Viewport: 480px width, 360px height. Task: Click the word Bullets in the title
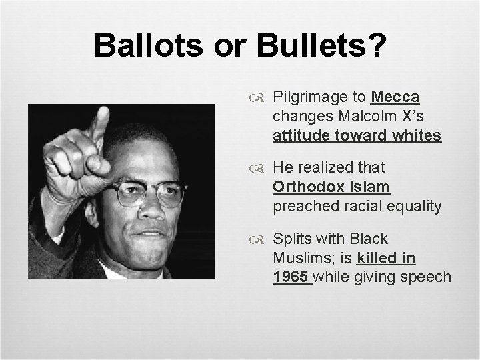tap(307, 46)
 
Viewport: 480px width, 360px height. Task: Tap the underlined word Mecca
tap(395, 97)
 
